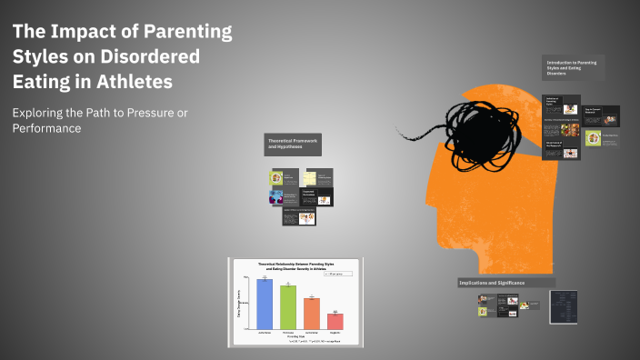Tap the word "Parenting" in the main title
point(187,34)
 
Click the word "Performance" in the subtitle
point(47,129)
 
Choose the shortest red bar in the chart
point(335,320)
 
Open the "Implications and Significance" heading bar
point(505,283)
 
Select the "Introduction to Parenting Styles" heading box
point(574,67)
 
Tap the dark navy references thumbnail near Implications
point(565,307)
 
